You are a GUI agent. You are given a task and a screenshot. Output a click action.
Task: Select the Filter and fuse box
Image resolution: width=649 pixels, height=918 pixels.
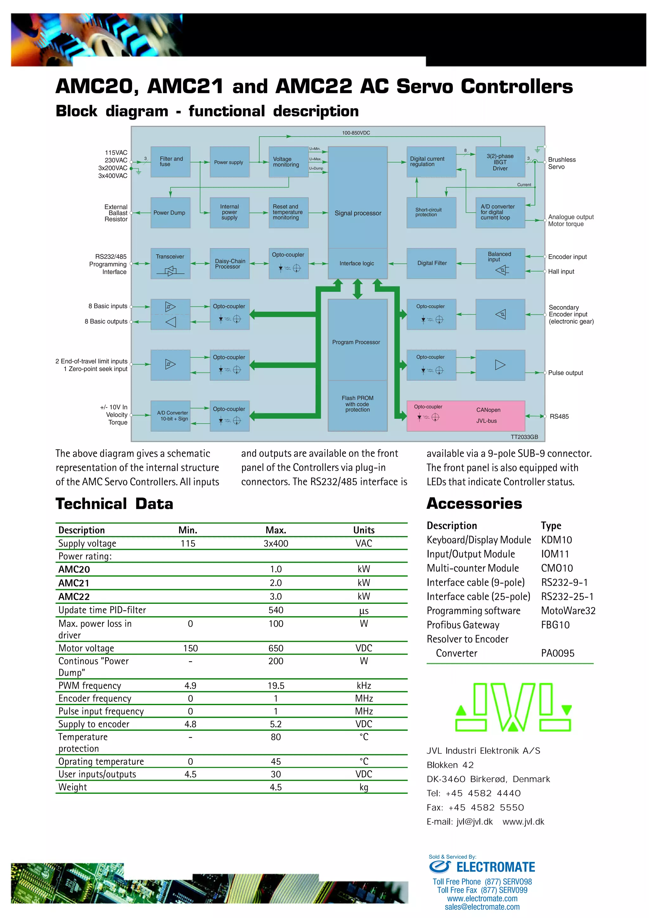coord(170,162)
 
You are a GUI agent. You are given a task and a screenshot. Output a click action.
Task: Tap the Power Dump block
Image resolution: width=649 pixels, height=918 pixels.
coord(170,213)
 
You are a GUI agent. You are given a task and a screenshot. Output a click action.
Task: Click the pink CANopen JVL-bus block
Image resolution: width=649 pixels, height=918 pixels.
coord(466,416)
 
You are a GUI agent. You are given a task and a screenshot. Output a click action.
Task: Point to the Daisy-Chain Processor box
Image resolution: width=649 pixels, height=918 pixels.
coord(229,264)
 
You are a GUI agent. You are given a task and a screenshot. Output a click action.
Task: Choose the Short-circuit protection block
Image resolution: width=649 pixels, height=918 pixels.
coord(431,212)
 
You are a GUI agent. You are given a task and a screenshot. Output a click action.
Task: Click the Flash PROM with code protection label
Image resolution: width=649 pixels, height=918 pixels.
coord(357,404)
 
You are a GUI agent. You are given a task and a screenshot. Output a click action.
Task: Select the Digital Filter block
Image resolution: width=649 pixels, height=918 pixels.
coord(432,263)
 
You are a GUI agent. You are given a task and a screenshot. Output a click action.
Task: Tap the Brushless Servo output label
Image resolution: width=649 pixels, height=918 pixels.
coord(562,163)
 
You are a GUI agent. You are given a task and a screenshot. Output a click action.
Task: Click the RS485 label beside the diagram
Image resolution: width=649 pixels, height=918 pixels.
coord(559,416)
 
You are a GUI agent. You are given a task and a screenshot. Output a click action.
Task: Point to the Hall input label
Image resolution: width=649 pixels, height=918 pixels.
coord(561,271)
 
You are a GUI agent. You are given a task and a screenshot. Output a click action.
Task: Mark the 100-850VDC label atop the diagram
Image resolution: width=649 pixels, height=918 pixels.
coord(356,133)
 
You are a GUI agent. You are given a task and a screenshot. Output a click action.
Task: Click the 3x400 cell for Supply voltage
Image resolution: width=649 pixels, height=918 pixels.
coord(275,543)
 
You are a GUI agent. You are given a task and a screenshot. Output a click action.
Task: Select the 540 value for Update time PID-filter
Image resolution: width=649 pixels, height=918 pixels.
coord(275,610)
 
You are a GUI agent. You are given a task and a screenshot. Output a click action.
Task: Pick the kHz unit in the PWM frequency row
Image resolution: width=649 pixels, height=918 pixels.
coord(363,686)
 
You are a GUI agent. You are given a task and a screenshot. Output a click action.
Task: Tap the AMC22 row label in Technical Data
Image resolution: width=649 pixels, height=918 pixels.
coord(74,596)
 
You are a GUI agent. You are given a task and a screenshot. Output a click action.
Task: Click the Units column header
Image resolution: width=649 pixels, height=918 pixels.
coord(363,530)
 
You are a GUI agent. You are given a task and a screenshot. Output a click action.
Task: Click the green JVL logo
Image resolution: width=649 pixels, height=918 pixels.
coord(513,707)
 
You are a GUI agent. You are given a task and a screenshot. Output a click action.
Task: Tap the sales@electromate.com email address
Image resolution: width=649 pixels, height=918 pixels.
coord(482,907)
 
